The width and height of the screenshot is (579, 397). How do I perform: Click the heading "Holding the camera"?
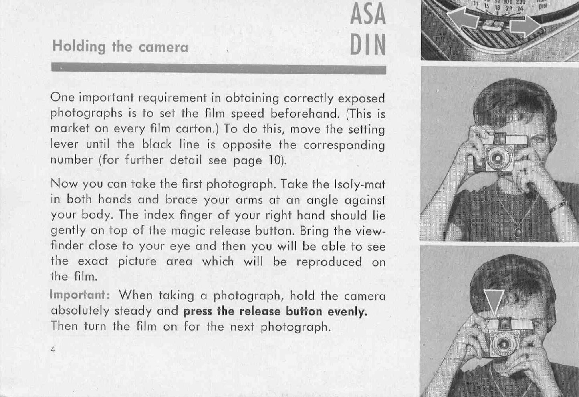coord(120,47)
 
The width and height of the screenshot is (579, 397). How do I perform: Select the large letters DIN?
coord(367,45)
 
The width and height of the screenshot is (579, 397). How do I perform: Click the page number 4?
coord(53,349)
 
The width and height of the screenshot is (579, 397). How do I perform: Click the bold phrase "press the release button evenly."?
coord(275,311)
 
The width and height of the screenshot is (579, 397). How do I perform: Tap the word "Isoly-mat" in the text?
coord(359,184)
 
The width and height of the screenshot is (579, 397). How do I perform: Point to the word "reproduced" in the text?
coord(329,262)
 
